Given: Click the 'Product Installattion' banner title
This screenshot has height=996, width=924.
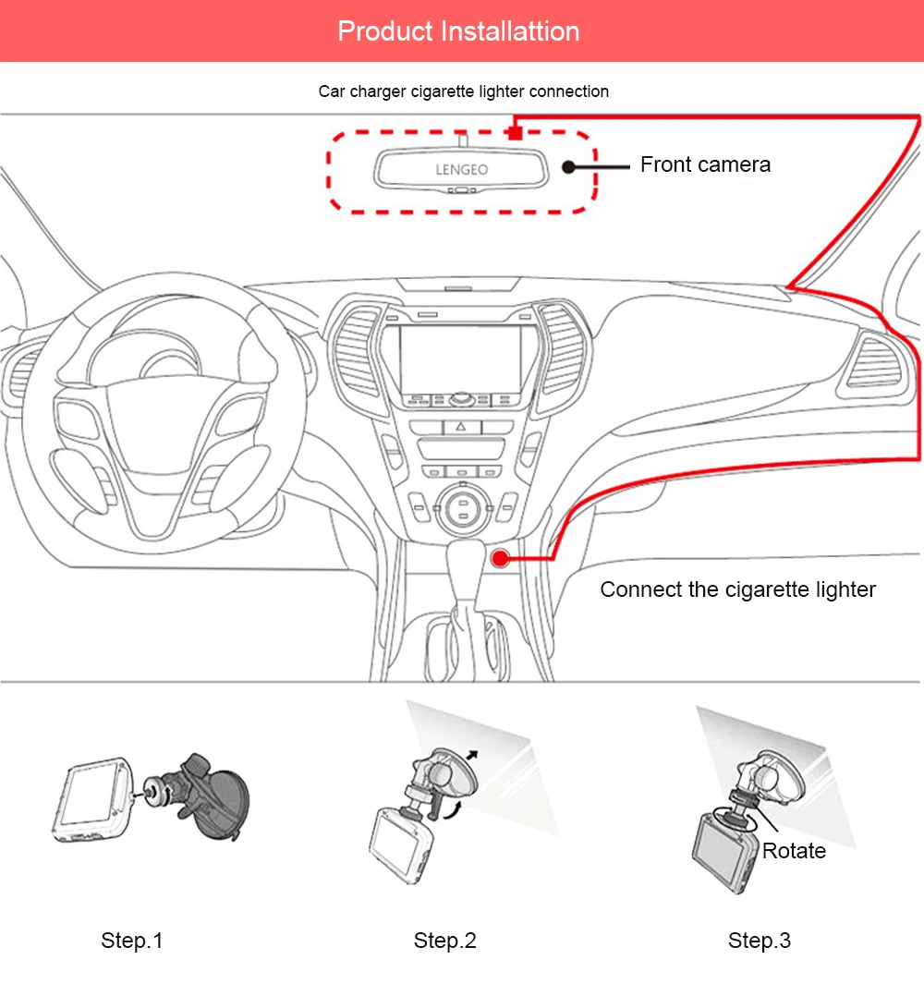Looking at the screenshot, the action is click(x=458, y=31).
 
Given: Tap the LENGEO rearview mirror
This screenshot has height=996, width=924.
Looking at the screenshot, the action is click(x=461, y=169).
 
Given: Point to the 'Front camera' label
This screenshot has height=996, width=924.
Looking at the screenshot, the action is click(x=705, y=164).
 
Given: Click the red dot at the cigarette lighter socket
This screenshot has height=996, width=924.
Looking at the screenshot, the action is click(x=501, y=558).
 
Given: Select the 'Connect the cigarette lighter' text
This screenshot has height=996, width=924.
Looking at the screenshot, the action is click(x=738, y=589).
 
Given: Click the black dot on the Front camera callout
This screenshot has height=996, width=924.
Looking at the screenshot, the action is click(x=568, y=167).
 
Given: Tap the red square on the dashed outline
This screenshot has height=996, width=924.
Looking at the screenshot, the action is click(x=515, y=133).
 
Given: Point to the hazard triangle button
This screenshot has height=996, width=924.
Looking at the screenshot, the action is click(x=461, y=427).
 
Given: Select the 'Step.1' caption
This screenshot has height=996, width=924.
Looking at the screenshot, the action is click(x=132, y=941).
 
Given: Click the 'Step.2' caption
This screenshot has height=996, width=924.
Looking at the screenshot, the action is click(x=444, y=941).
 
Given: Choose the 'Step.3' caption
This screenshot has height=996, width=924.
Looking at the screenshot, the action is click(x=760, y=941).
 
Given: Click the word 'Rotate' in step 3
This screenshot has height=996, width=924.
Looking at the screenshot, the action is click(x=794, y=851).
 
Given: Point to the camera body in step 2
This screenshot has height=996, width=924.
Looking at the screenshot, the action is click(x=400, y=844).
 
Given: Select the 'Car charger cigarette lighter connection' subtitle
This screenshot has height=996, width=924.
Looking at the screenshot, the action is click(x=463, y=91).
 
